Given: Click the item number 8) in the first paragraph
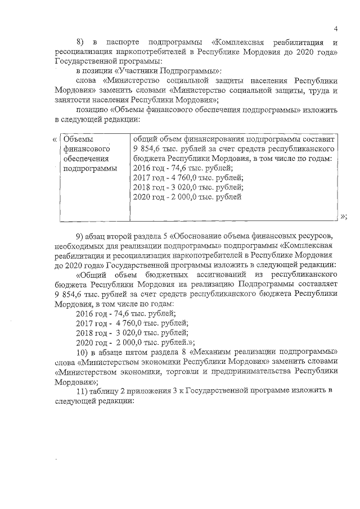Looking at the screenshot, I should [80, 43].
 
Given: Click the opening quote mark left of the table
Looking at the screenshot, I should [54, 139].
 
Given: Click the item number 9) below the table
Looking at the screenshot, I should [80, 235].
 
